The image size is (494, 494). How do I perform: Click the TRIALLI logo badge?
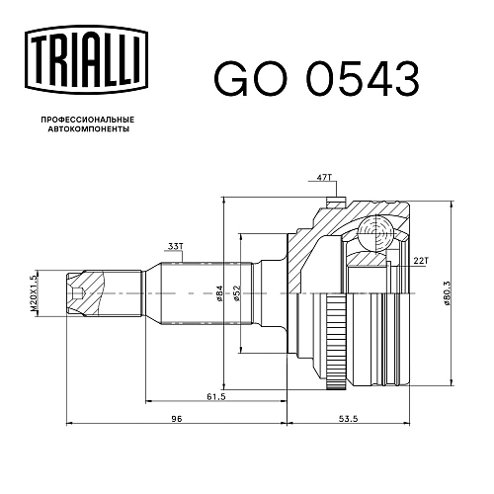pos(86,60)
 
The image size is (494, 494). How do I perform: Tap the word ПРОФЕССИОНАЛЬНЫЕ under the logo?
pos(88,119)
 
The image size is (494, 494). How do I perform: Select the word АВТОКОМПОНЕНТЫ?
pos(89,128)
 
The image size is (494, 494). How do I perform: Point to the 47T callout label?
pos(324,178)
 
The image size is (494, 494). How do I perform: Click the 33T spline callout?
pos(175,246)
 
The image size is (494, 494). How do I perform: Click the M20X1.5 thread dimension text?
pos(34,293)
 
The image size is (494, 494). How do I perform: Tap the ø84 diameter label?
pos(220,293)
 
